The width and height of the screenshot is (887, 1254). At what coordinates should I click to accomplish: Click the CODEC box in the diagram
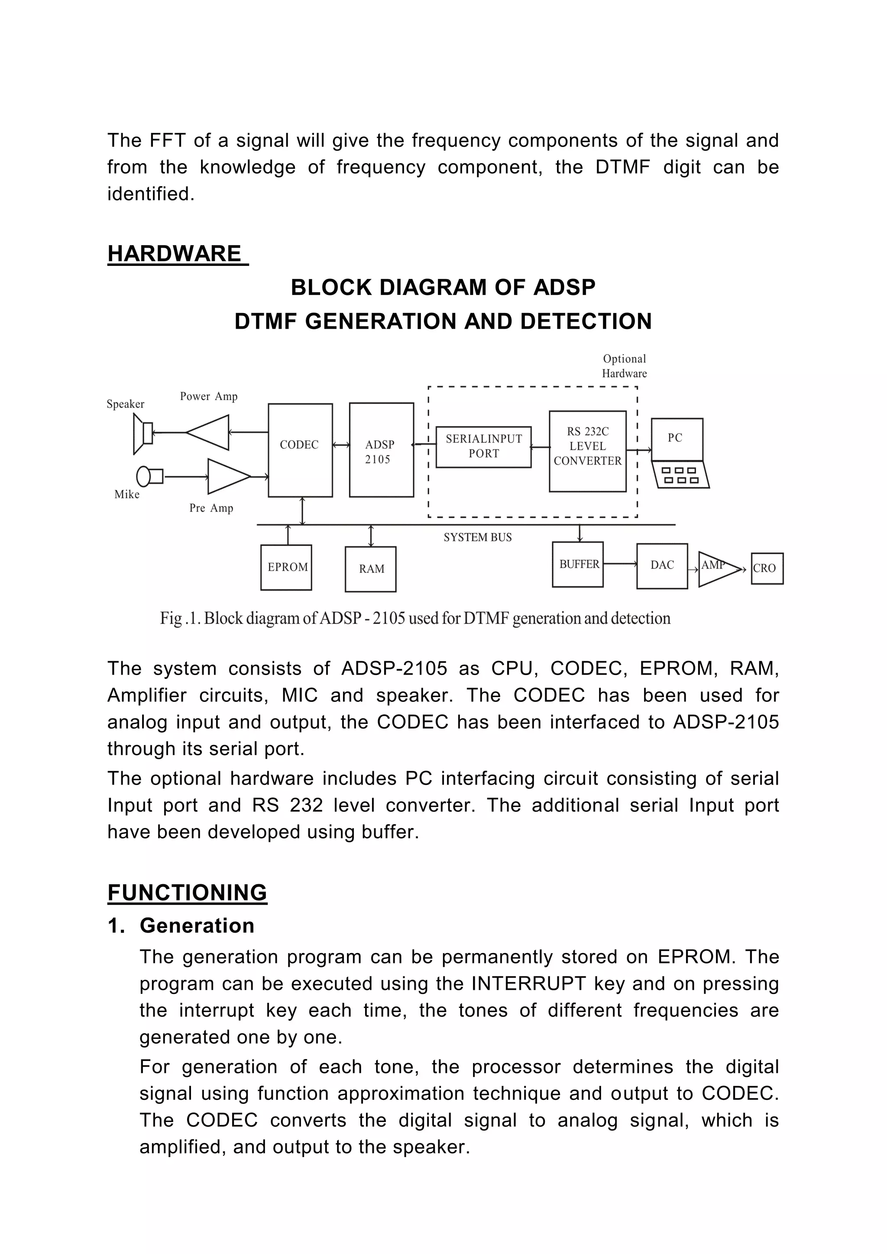pyautogui.click(x=300, y=449)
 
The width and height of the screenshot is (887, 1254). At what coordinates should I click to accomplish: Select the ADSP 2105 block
pyautogui.click(x=381, y=449)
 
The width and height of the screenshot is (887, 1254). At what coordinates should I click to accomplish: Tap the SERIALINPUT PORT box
pyautogui.click(x=483, y=446)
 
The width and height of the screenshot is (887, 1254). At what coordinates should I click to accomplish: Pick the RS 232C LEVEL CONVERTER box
pyautogui.click(x=587, y=451)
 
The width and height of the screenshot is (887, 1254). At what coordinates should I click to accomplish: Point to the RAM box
pyautogui.click(x=370, y=569)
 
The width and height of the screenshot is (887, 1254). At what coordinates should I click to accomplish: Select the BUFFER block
pyautogui.click(x=577, y=564)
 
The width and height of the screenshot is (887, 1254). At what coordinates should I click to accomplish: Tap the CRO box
pyautogui.click(x=767, y=568)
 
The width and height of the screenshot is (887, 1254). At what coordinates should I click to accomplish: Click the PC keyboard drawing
pyautogui.click(x=680, y=475)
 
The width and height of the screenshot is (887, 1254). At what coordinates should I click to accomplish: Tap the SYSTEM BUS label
pyautogui.click(x=477, y=537)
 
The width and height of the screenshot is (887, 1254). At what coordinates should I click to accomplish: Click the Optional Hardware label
pyautogui.click(x=624, y=366)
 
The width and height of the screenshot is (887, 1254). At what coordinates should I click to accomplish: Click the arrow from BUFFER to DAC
pyautogui.click(x=620, y=564)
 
